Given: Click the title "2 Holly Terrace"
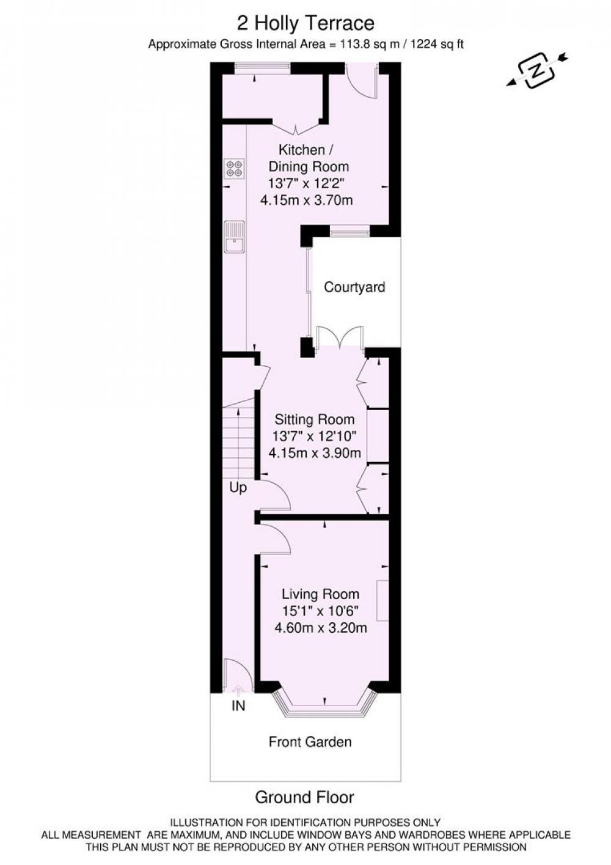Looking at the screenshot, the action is click(305, 24).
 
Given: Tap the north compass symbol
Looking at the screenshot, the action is click(536, 71).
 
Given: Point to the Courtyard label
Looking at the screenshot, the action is click(354, 287).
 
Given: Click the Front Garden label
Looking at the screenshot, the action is click(310, 742).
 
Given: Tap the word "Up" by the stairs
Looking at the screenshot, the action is click(238, 488).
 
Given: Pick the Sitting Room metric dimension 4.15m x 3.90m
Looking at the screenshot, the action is click(315, 452).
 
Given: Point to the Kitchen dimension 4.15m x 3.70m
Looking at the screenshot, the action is click(307, 201).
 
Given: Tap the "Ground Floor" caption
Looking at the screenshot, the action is click(304, 797).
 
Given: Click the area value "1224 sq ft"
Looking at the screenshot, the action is click(437, 44).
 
